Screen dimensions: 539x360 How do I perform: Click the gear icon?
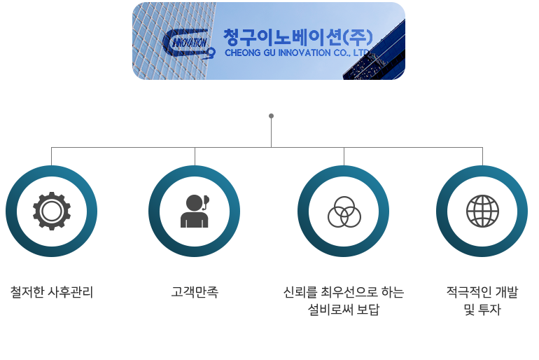(52, 211)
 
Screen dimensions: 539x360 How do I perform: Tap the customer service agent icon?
(195, 211)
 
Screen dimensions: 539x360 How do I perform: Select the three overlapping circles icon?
(344, 212)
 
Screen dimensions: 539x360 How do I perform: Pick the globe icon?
(482, 211)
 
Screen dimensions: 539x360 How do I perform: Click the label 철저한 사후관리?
(52, 292)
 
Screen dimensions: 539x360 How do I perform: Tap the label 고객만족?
(195, 292)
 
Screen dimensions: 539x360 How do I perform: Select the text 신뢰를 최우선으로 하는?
(344, 292)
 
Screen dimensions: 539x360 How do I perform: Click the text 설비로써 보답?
(344, 310)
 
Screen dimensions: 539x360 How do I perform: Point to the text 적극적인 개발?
(482, 292)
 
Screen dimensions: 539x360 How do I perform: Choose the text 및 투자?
(482, 310)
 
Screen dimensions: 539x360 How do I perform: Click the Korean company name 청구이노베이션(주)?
(297, 38)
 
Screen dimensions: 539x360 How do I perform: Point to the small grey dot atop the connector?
(271, 116)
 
